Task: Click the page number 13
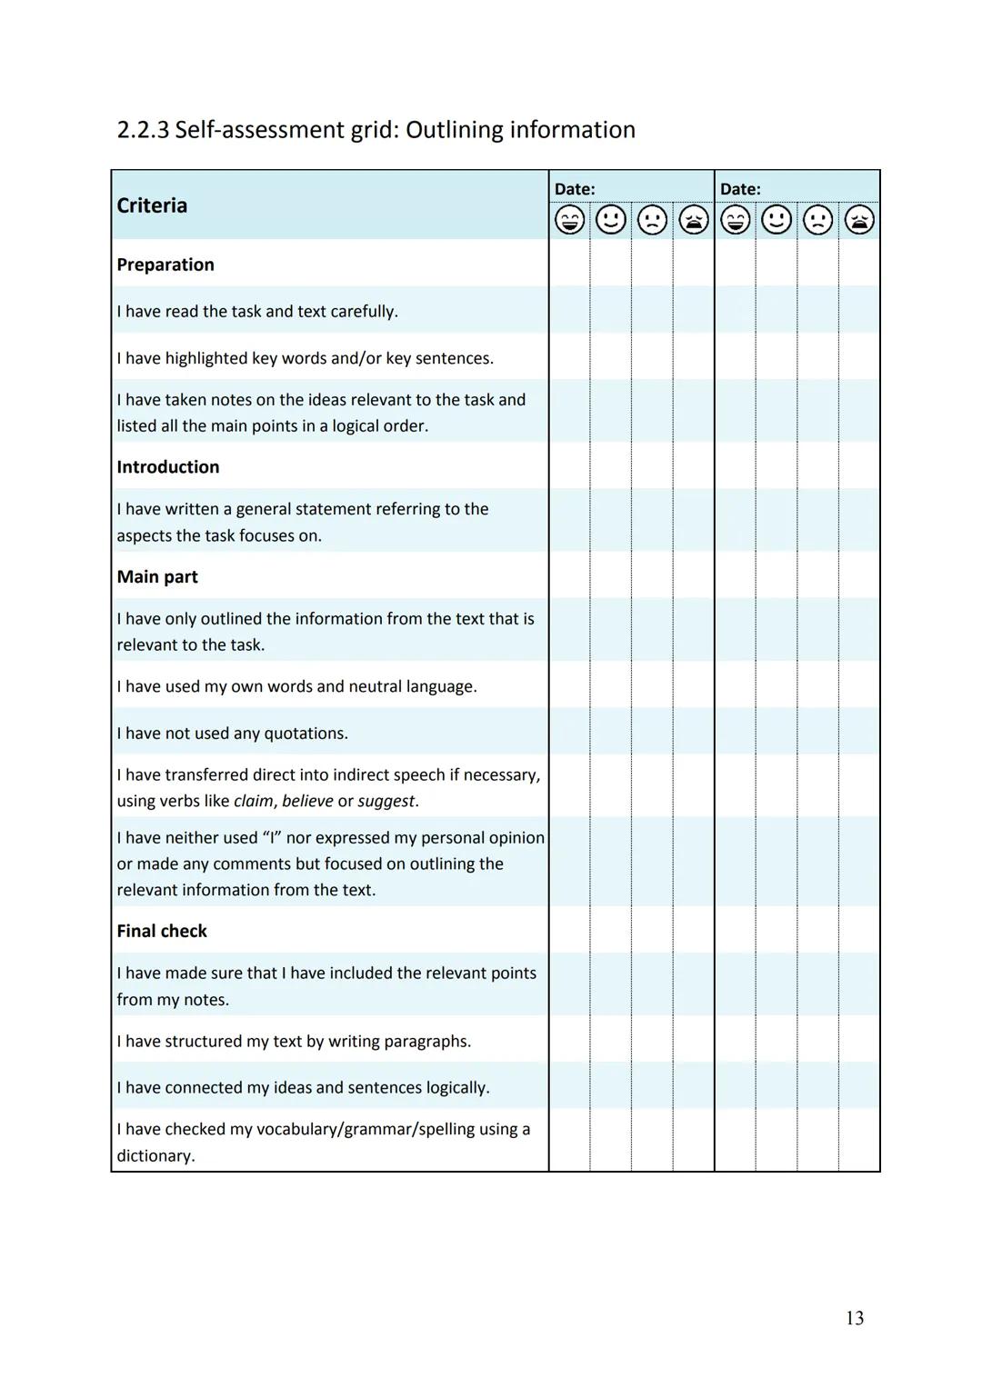854,1318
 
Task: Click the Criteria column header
152,205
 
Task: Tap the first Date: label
575,189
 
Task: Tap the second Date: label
740,189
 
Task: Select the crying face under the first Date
694,220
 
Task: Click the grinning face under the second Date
735,220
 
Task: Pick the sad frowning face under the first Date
652,220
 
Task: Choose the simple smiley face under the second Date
777,220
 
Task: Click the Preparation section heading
165,265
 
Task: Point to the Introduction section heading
168,467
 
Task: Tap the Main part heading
157,577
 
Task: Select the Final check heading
162,931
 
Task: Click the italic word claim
253,802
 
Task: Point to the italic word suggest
386,802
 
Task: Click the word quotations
305,734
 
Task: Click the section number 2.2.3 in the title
143,130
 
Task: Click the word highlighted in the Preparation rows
206,358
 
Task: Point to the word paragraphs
426,1042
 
